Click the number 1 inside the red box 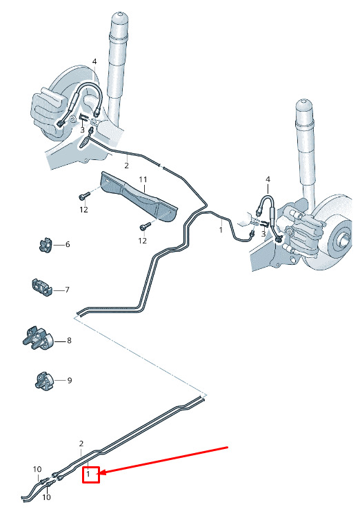(x=88, y=474)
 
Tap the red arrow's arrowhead (x=103, y=472)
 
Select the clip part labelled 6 (x=45, y=245)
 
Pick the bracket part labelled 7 (x=41, y=288)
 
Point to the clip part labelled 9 (x=44, y=380)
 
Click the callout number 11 (x=143, y=179)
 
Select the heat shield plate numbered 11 (x=139, y=197)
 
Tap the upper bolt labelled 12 (x=84, y=195)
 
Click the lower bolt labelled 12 (x=144, y=227)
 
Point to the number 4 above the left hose (x=94, y=61)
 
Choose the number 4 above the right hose (x=268, y=179)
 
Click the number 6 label (x=68, y=244)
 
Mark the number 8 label (x=69, y=341)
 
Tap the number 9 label (x=70, y=381)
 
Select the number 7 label (x=67, y=290)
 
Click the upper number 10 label (x=37, y=469)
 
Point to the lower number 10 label (x=46, y=497)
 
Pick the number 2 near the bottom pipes (x=81, y=443)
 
